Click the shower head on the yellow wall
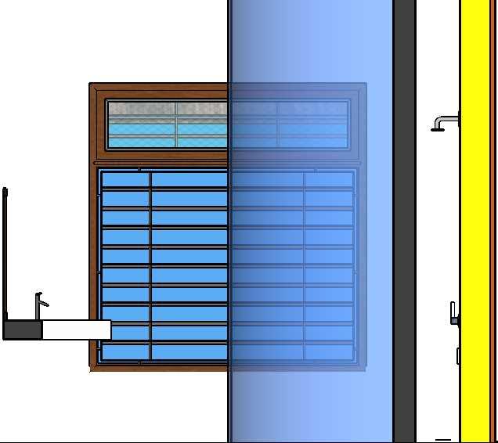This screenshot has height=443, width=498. [438, 126]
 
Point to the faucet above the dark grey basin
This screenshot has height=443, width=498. [40, 301]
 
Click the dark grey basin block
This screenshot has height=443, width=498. [22, 330]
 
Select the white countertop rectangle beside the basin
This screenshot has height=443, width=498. [75, 330]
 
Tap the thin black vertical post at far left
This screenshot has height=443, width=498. [5, 250]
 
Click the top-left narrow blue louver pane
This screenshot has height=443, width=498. [125, 180]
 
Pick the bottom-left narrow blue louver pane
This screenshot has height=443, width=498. [125, 352]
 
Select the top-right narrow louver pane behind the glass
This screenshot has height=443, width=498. [329, 180]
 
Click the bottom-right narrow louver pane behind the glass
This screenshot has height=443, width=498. [329, 352]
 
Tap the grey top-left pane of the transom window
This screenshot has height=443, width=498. [141, 110]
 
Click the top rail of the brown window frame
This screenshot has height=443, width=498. [157, 88]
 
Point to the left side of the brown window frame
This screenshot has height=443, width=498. [94, 235]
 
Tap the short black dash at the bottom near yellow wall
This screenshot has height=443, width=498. [443, 440]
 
